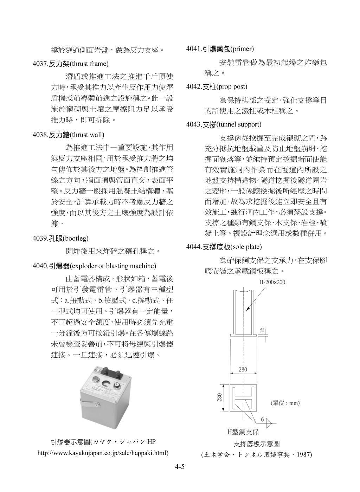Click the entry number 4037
click(40, 64)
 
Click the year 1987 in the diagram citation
click(303, 454)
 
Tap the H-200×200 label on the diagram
click(272, 282)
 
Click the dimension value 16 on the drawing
click(262, 330)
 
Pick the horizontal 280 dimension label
click(243, 369)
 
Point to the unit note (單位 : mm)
click(285, 403)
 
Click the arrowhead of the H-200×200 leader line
click(247, 309)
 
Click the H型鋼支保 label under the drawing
click(243, 432)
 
